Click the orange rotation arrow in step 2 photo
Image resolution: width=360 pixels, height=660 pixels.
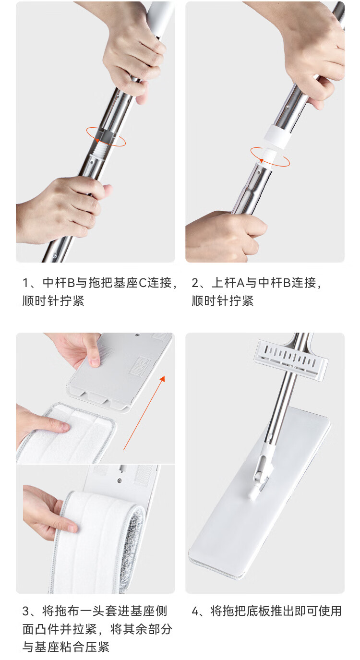pos(270,165)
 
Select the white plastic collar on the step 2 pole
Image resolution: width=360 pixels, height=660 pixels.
pos(276,135)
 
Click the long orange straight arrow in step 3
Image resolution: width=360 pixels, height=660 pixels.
pos(144,412)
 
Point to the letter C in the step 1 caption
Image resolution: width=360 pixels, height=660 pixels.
pos(143,283)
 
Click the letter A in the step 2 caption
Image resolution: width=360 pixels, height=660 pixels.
pos(240,283)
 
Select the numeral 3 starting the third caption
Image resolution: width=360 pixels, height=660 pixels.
pos(26,611)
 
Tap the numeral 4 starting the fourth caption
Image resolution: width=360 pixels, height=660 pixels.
pos(195,611)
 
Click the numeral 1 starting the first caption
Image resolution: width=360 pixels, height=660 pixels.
pos(25,283)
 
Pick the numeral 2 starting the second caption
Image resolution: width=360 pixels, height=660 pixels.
pos(195,283)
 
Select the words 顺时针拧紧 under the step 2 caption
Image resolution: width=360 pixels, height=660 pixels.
pos(223,301)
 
